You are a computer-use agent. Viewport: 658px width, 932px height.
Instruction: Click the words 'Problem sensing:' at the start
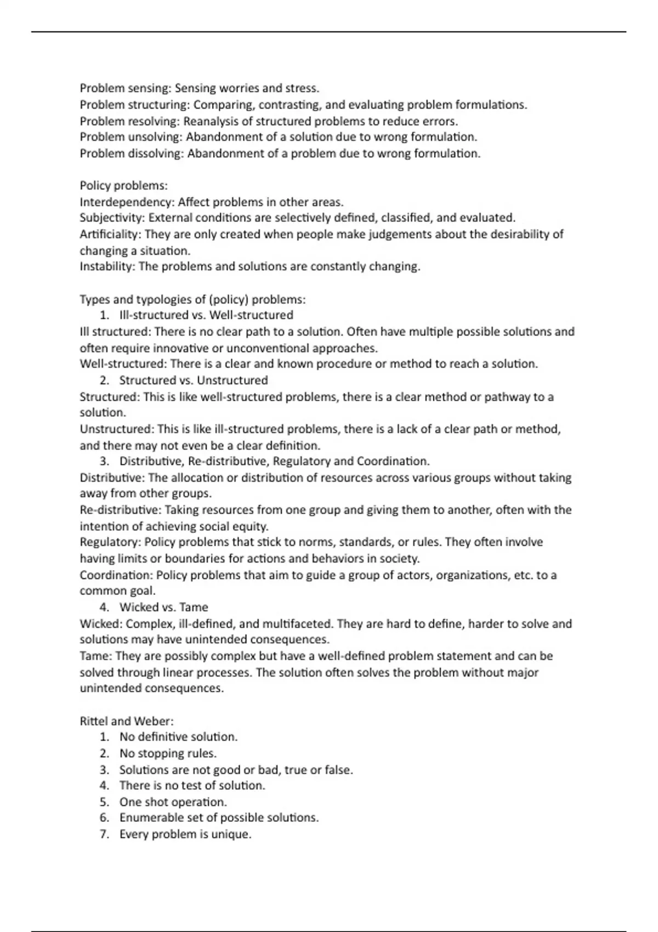click(125, 88)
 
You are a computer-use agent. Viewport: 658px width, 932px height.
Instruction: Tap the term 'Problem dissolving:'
click(132, 154)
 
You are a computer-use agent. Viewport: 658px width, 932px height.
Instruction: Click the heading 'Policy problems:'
click(123, 186)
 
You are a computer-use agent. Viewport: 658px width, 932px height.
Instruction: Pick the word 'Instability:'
click(107, 267)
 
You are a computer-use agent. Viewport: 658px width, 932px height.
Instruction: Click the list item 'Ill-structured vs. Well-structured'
click(206, 315)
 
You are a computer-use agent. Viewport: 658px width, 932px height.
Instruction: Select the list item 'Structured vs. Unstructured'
click(194, 380)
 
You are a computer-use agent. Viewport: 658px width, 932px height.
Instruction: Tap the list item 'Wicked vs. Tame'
click(163, 607)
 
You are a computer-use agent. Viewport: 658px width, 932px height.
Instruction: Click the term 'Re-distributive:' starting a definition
click(120, 510)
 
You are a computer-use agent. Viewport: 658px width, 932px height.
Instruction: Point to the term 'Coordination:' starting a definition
click(116, 575)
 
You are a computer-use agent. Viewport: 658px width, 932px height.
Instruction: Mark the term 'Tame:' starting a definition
click(95, 656)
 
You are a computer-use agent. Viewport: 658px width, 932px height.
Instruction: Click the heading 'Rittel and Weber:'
click(127, 721)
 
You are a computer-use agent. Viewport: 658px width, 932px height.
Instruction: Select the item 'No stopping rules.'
click(168, 754)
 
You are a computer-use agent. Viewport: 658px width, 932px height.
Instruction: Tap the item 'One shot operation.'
click(173, 802)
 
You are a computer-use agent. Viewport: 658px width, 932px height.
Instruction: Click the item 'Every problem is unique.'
click(185, 834)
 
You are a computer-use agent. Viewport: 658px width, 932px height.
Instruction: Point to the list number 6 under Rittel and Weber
click(104, 818)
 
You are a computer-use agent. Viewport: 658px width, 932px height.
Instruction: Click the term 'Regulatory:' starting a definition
click(110, 543)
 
